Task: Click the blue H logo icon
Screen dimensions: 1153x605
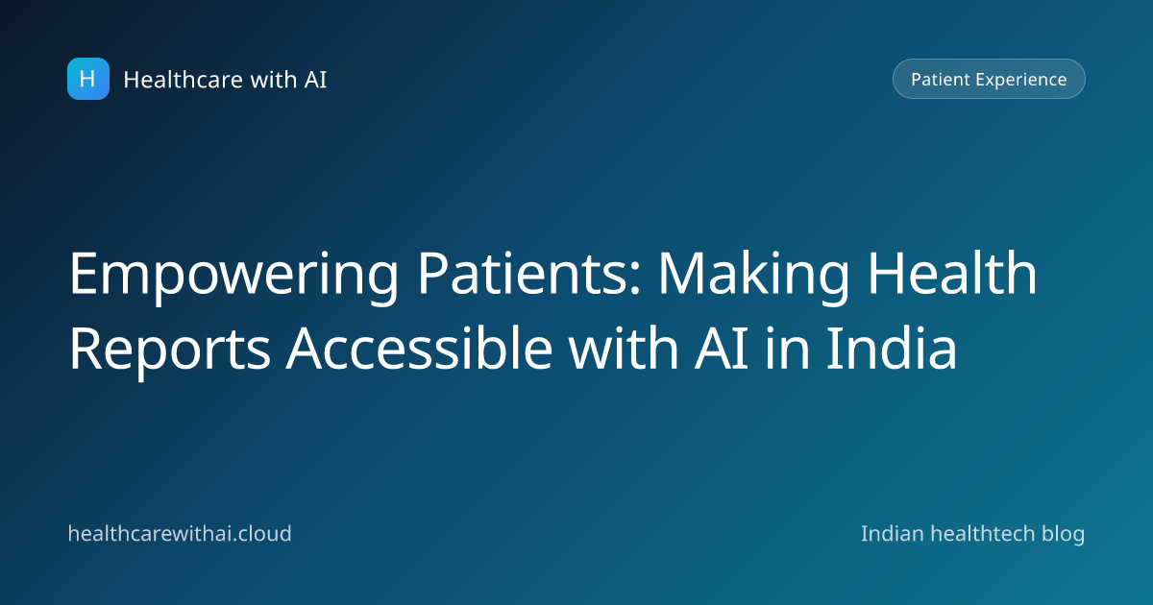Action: [88, 79]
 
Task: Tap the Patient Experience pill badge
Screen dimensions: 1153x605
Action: [989, 79]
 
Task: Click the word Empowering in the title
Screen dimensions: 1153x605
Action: [233, 277]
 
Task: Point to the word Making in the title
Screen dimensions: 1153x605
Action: [753, 277]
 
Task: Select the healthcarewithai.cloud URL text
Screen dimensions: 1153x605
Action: [180, 534]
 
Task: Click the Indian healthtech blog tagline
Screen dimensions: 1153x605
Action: [972, 535]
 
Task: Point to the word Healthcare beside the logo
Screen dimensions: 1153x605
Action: [184, 80]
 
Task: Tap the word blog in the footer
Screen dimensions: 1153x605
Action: [1064, 535]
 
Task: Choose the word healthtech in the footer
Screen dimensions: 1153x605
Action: [983, 534]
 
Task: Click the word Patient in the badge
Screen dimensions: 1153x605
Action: [941, 79]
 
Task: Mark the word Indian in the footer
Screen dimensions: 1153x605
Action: [893, 534]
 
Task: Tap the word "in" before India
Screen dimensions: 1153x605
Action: [788, 350]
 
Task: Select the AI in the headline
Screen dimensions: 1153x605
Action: [722, 350]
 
